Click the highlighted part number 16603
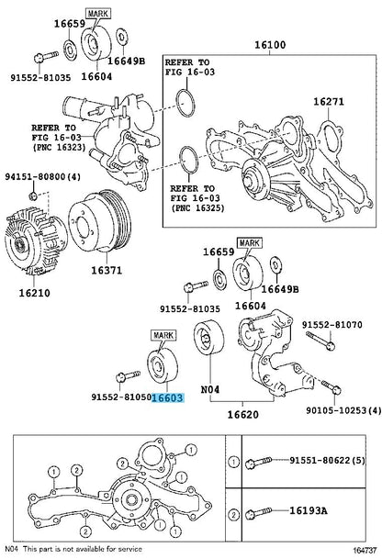168,397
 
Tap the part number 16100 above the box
270,45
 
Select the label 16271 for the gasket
329,102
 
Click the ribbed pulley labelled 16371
100,222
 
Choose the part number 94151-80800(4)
42,176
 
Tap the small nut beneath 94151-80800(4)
33,196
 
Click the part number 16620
243,415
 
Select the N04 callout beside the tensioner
210,390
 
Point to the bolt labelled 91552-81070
320,341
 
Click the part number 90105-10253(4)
343,410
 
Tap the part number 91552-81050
121,397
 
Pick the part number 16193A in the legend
308,511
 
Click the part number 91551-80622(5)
328,461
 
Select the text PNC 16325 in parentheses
197,207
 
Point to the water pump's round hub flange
255,179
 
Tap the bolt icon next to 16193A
259,513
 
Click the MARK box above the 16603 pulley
164,335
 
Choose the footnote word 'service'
130,549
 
